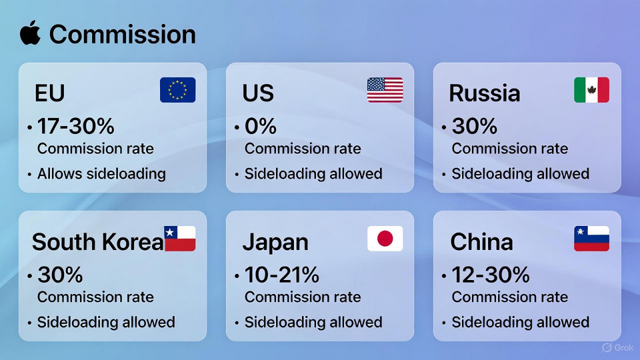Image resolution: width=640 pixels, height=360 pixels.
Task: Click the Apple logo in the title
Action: pos(30,33)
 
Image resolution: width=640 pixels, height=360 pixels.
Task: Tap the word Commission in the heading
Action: pos(123,34)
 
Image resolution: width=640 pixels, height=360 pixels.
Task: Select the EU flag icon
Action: pos(177,90)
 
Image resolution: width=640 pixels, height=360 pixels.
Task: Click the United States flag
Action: pos(385,90)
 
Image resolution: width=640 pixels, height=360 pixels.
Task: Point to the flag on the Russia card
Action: pos(591,90)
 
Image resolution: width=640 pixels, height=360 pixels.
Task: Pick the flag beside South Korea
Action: pos(180,239)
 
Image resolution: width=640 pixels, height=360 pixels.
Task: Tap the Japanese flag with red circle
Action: pos(385,239)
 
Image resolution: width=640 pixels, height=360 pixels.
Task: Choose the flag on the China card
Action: pos(591,239)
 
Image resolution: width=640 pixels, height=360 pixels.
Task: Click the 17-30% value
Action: pos(76,126)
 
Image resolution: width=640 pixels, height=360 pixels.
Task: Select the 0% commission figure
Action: pos(261,126)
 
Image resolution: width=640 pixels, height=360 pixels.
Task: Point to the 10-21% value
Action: pos(281,275)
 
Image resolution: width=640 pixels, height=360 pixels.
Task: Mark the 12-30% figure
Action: pos(491,275)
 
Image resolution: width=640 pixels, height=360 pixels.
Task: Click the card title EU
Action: pos(50,93)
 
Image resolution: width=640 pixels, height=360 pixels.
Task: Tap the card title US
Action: pos(258,93)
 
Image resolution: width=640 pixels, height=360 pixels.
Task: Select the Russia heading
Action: pos(485,93)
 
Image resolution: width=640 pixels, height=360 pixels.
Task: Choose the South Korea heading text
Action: pos(97,242)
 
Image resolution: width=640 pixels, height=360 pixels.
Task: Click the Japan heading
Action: pos(275,243)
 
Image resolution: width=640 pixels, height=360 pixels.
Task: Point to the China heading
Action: pos(481,242)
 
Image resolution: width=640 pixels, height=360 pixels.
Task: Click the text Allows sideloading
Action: pos(101,174)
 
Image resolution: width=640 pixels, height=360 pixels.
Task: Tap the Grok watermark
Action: pos(617,348)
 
